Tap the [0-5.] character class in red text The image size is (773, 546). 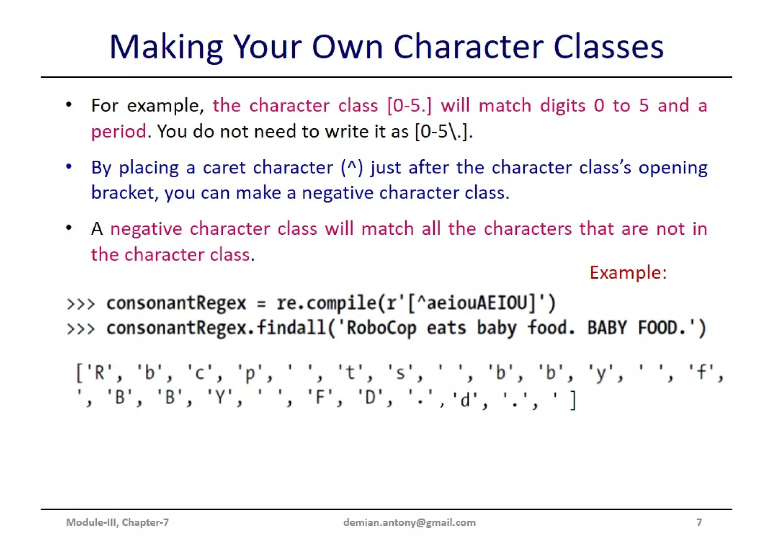(409, 105)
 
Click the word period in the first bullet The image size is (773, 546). (119, 132)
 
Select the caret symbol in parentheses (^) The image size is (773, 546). (352, 167)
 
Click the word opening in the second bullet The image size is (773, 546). (673, 167)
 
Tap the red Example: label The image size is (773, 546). (628, 272)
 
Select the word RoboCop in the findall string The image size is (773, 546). (381, 328)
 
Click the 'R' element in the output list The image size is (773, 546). (99, 373)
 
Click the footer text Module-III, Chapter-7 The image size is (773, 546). (117, 522)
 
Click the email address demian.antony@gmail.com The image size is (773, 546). (409, 522)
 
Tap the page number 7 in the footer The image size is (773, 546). (699, 522)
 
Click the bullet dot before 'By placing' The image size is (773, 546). (69, 166)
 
